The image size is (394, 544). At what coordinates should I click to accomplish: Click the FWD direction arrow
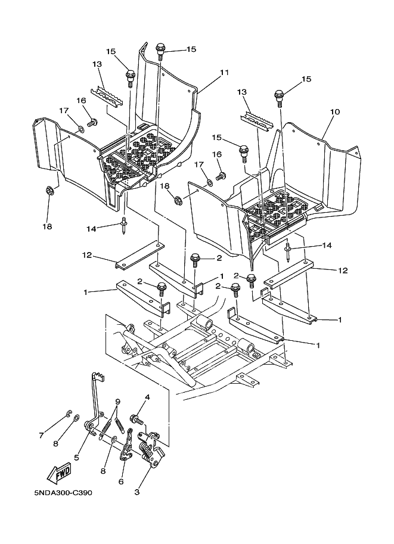pos(60,473)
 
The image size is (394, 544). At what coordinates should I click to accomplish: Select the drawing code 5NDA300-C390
pos(64,493)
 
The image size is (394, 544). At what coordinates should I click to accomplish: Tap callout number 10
pos(335,112)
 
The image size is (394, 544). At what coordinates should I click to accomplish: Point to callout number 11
pos(224,73)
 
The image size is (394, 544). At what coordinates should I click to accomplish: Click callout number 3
pos(136,492)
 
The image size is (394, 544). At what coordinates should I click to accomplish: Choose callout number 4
pos(147,397)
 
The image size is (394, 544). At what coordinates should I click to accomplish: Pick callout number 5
pos(76,458)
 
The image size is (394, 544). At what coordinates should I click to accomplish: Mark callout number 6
pos(121,481)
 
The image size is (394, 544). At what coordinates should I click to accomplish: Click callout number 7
pos(41,435)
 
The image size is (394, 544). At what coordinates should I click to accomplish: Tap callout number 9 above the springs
pos(117,402)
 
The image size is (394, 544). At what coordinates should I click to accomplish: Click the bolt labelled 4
pos(136,419)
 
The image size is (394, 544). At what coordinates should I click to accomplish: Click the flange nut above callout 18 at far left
pos(49,191)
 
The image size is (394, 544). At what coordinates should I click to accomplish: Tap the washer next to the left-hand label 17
pos(81,129)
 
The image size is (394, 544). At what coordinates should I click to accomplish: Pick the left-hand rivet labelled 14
pos(123,226)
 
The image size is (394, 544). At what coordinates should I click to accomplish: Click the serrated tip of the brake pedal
pos(98,377)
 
